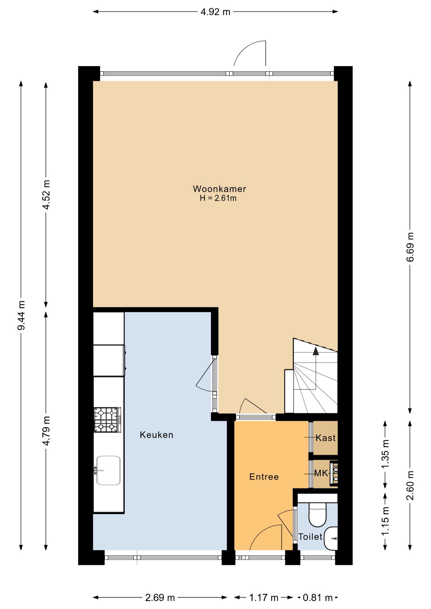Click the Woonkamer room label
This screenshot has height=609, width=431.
219,189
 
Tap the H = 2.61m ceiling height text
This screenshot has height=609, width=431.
218,199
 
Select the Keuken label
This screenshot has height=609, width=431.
156,435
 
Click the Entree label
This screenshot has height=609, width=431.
264,477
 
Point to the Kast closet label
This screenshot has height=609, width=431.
326,438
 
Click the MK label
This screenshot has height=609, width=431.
321,473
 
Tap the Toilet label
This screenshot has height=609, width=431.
310,537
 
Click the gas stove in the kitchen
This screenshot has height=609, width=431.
108,420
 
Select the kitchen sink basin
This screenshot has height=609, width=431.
108,470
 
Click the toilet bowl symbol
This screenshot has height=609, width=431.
317,514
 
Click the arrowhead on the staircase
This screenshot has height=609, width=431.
315,351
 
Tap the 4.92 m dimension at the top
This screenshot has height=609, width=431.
215,12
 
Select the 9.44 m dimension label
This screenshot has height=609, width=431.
21,315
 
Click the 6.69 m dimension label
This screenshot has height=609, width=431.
410,247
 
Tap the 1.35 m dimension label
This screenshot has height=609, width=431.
385,454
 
